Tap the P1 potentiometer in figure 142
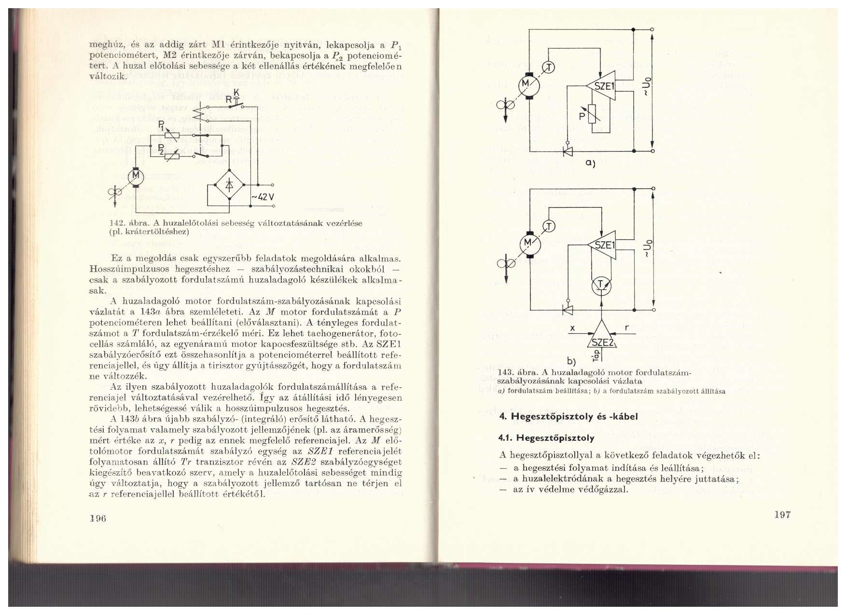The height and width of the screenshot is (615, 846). click(x=172, y=136)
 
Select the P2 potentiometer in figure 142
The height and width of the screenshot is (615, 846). click(x=172, y=155)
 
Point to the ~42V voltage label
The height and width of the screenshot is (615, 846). click(x=264, y=197)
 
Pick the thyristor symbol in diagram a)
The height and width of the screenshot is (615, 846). click(x=568, y=151)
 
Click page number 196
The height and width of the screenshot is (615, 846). click(x=97, y=518)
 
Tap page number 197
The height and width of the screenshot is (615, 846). click(x=782, y=514)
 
